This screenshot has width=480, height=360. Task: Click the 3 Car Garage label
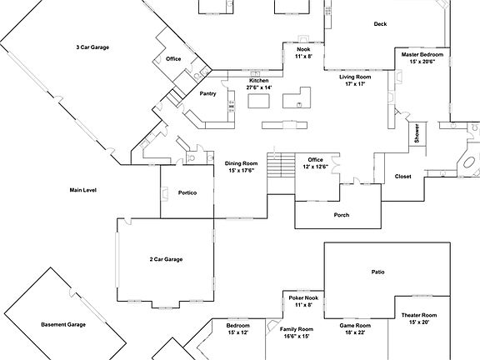coord(92,47)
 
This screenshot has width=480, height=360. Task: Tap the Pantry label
coord(207,94)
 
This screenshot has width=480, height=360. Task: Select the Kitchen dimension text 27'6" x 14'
coord(258,87)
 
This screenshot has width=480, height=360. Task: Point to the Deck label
coord(381,24)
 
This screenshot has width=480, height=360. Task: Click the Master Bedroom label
coord(422,54)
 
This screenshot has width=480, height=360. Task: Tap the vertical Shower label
coord(417,134)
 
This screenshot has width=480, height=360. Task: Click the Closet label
coord(402,177)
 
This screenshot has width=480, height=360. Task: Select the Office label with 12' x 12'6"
coord(315,159)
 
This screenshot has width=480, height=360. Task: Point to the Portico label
coord(187,192)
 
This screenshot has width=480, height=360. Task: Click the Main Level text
coord(83,190)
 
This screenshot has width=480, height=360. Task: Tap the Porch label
coord(342,215)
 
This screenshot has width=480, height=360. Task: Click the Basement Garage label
coord(63,323)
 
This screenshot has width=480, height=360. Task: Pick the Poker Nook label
coord(303,298)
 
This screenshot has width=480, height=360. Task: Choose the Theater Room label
coord(419,315)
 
